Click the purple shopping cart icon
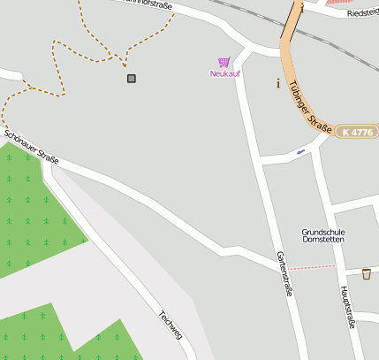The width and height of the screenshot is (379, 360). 224,62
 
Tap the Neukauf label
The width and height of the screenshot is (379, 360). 224,73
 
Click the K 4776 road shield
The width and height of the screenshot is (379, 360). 357,132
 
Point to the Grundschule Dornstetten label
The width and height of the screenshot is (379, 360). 323,236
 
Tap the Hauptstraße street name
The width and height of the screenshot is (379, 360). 347,307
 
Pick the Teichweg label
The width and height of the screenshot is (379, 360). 170,325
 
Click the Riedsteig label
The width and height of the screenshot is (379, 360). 362,13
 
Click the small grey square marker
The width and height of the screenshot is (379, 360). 132,79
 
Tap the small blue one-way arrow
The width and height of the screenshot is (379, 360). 301,152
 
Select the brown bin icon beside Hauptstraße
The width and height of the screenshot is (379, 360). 366,273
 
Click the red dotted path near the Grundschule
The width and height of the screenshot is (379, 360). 311,266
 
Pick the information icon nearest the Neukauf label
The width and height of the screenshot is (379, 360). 279,85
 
